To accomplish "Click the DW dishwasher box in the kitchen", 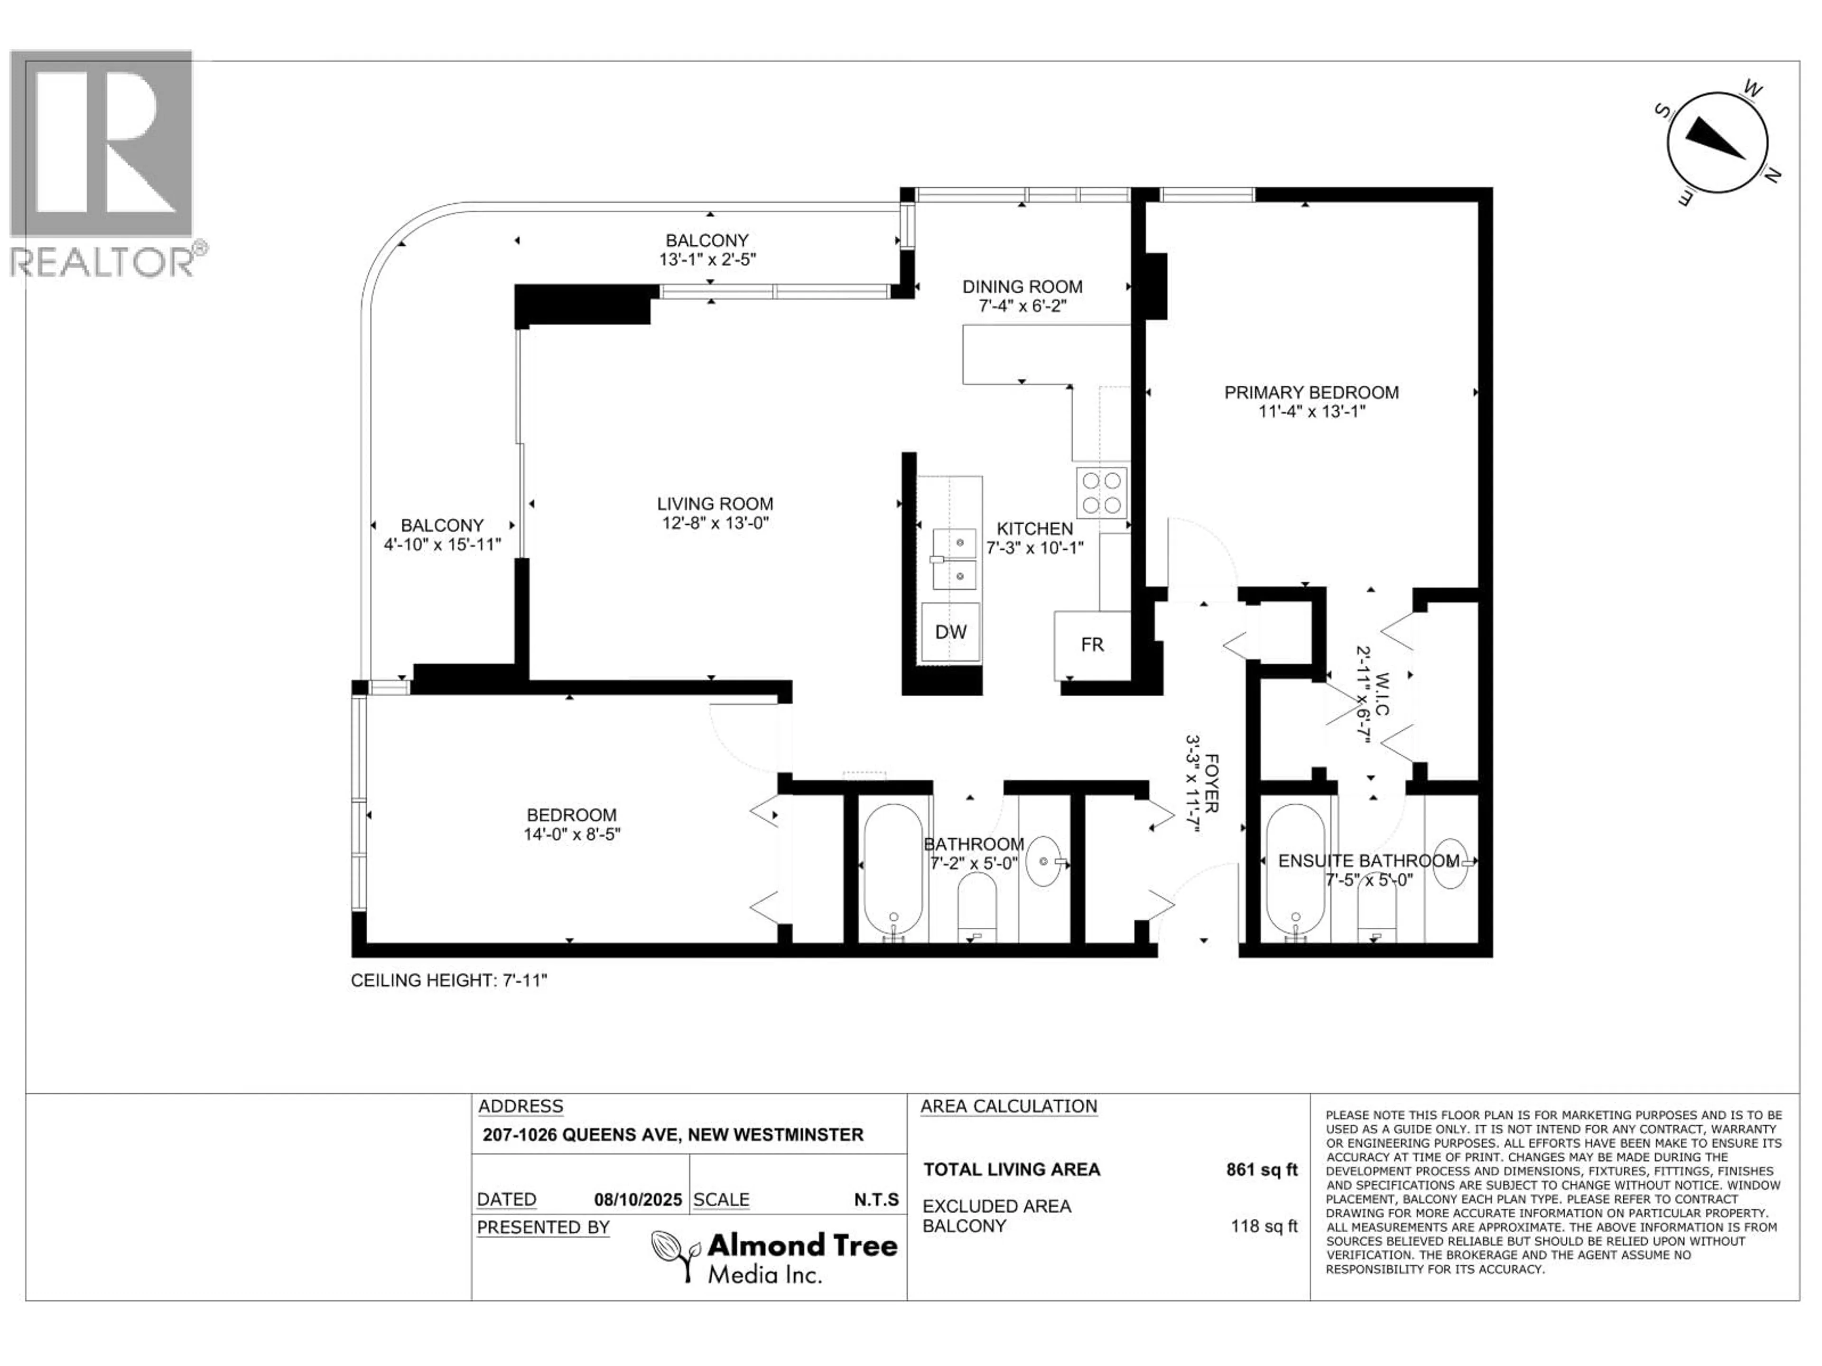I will [x=950, y=632].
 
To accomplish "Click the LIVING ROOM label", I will [x=715, y=504].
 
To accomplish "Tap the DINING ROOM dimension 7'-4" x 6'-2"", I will [x=1022, y=306].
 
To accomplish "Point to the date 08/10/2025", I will [x=638, y=1200].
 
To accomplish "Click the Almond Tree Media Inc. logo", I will [x=774, y=1255].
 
